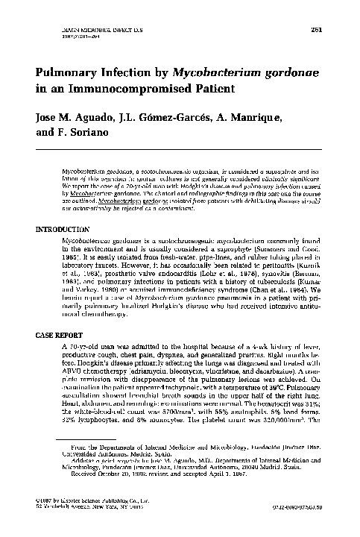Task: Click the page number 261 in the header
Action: click(315, 28)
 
